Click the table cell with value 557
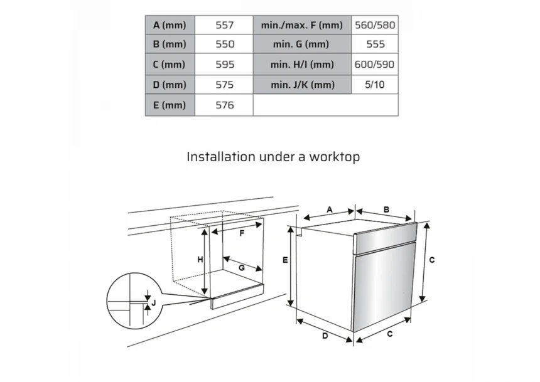coord(224,25)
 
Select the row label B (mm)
coord(170,44)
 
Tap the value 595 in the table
coord(224,64)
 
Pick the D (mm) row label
coord(170,84)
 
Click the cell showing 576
coord(224,105)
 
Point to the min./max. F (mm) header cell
coord(302,25)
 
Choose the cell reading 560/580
coord(375,25)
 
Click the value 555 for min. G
coord(375,44)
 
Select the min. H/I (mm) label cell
coord(302,64)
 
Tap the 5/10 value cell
coord(375,84)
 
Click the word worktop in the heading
coord(335,157)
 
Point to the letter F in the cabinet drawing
coord(242,233)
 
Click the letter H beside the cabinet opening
coord(200,260)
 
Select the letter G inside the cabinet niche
coord(242,267)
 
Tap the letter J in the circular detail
coord(154,303)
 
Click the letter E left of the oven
coord(285,260)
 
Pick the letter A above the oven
coord(330,210)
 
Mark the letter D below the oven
coord(325,336)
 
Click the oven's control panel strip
coord(386,238)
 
